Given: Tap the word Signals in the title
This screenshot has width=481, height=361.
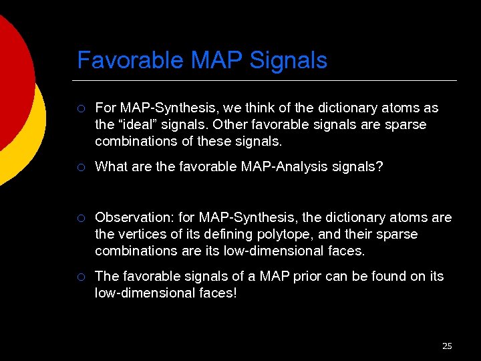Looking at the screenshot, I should pos(289,61).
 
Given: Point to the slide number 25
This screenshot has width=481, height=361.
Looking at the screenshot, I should pos(447,346).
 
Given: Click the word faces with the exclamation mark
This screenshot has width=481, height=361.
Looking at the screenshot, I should pos(214,293).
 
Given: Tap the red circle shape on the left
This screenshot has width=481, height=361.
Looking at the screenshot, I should pos(12,80).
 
